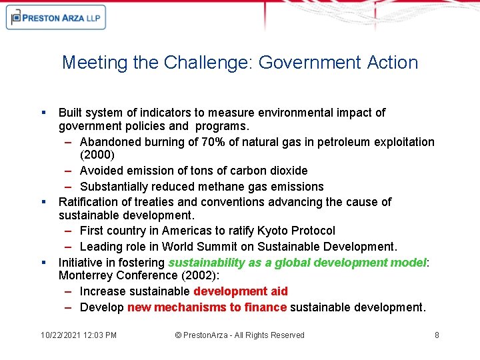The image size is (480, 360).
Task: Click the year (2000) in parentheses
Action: click(97, 155)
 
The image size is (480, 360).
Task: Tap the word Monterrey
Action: click(87, 276)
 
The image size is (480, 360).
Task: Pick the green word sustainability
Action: click(206, 263)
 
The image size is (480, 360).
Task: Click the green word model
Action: click(409, 263)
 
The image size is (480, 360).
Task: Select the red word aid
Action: click(279, 291)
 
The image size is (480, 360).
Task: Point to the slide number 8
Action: click(437, 335)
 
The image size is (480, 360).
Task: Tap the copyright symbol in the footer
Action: click(178, 335)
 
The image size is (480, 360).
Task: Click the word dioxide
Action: click(287, 171)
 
